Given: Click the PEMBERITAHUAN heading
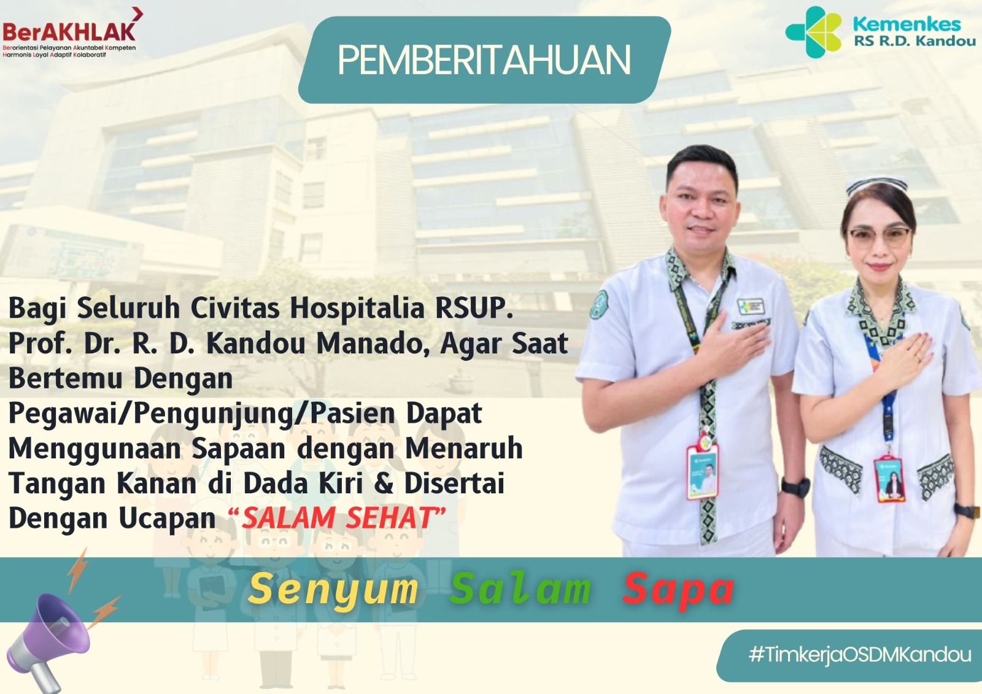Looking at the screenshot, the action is coord(484,61).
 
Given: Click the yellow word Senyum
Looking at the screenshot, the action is coord(333,589).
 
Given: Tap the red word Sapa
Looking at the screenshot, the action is coord(678,590).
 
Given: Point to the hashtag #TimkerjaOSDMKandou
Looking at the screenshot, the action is coord(860,655).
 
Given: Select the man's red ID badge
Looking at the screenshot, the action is coord(702,471).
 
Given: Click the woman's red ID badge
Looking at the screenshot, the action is coord(889,478).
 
